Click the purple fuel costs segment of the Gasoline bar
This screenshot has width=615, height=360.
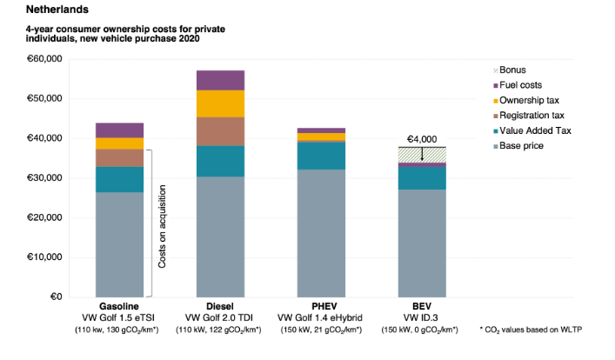pyautogui.click(x=119, y=130)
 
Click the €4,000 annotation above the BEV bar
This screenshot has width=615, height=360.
pyautogui.click(x=424, y=137)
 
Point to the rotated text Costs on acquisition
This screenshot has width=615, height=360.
pyautogui.click(x=163, y=224)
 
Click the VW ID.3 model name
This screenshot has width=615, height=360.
pyautogui.click(x=421, y=319)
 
